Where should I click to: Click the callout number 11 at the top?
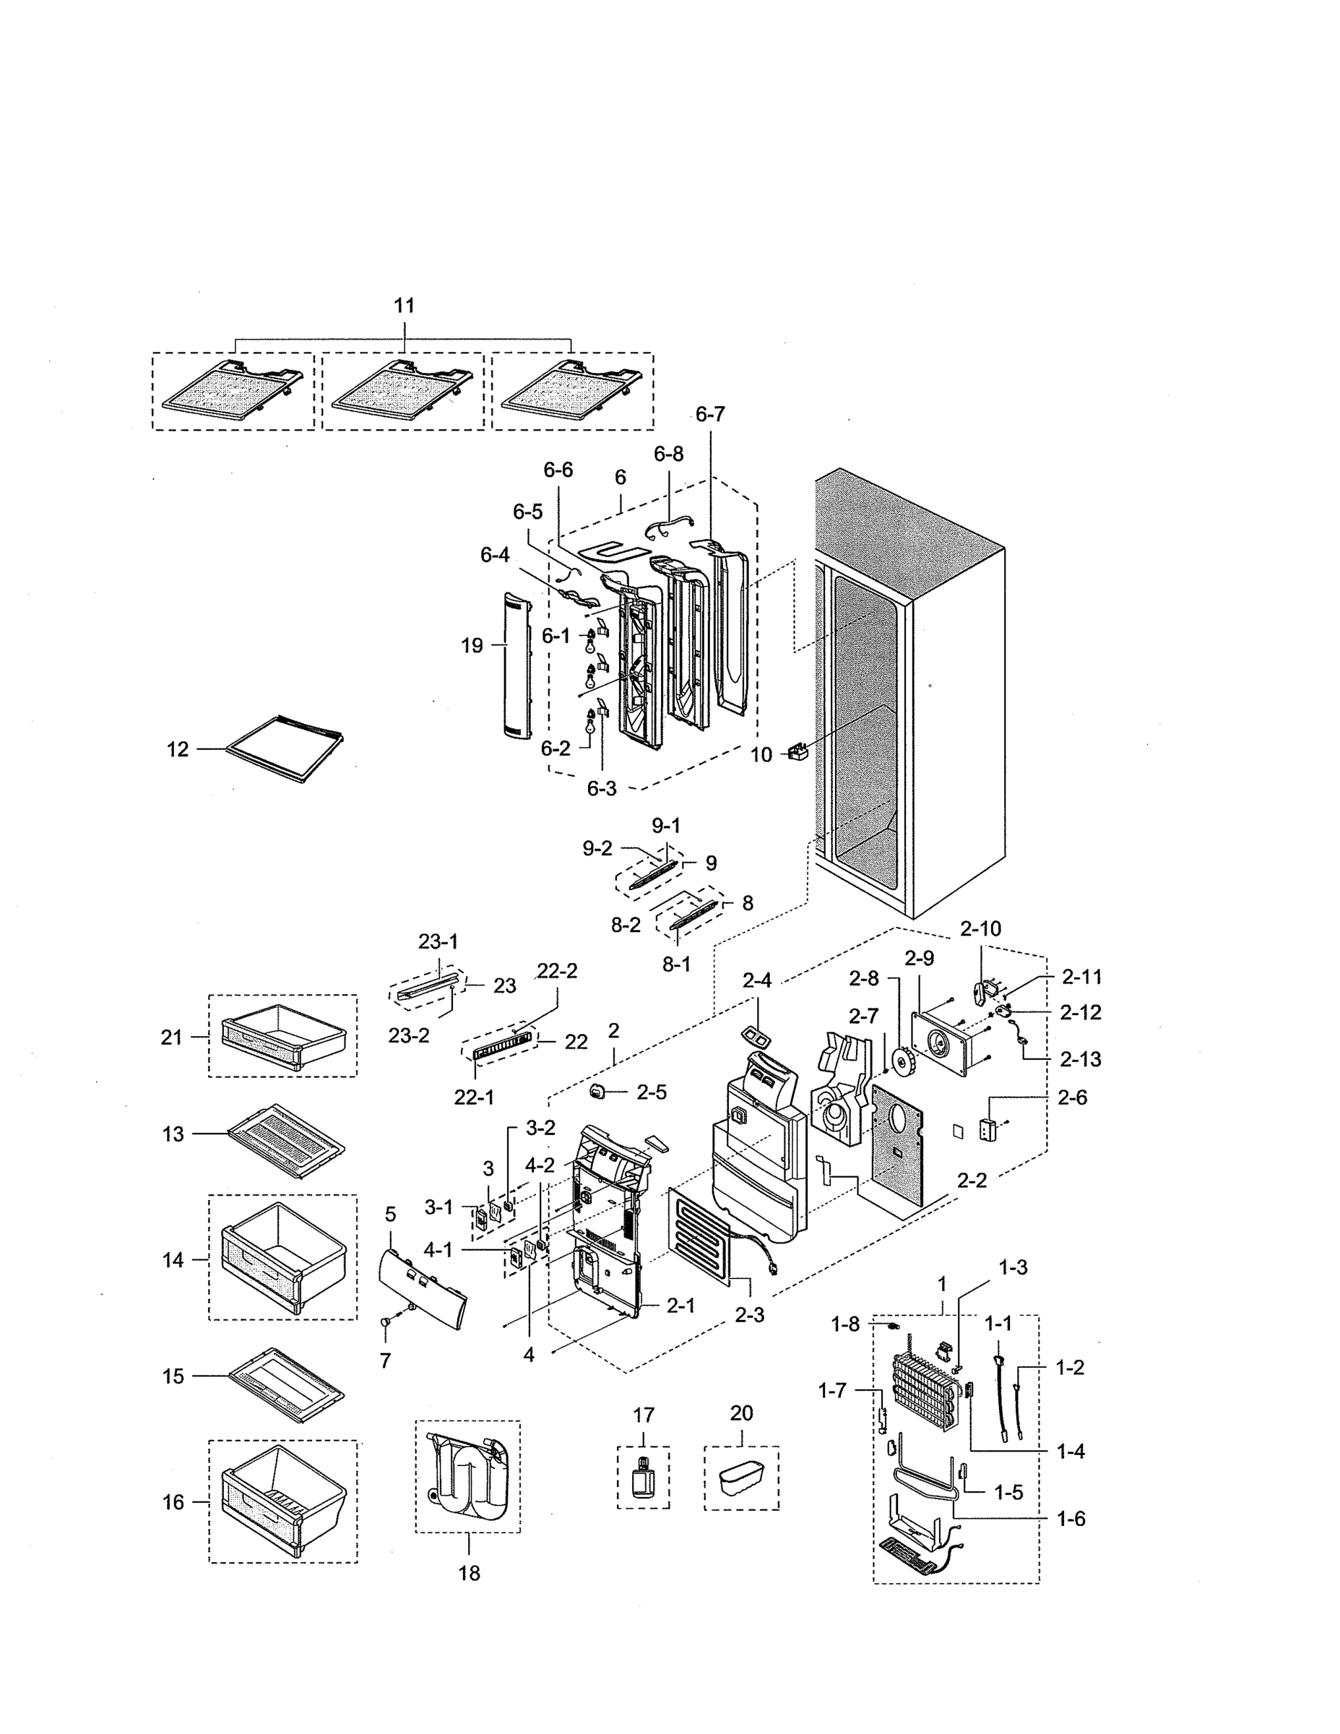click(x=404, y=306)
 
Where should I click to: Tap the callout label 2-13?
click(x=1080, y=1059)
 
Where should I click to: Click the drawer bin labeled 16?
click(x=283, y=1501)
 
